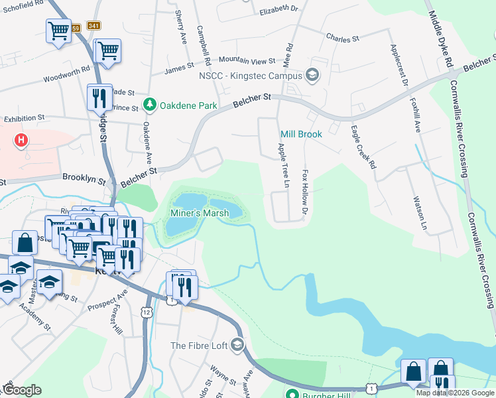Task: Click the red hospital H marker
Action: pos(22,140)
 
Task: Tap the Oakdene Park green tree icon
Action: pos(150,105)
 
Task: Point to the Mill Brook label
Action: pos(301,134)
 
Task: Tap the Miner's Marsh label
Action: pos(200,213)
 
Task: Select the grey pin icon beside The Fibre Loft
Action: pos(237,346)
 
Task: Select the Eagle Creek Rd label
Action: pos(363,147)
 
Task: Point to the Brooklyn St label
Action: pos(84,178)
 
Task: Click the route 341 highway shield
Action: pos(93,26)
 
